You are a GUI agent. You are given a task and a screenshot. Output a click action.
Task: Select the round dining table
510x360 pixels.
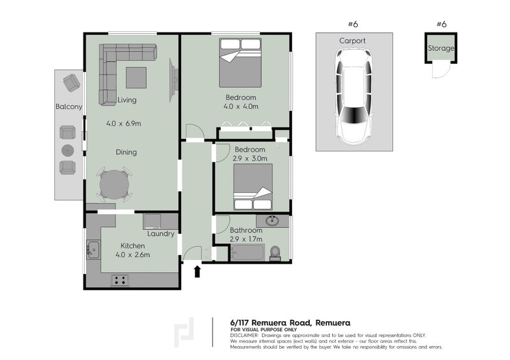tap(114, 185)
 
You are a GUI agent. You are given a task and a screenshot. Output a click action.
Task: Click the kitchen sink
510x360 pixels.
tap(93, 248)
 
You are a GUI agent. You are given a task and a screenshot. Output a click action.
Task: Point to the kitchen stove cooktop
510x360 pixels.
tap(120, 280)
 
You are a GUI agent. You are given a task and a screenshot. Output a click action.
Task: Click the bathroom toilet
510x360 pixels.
tap(275, 253)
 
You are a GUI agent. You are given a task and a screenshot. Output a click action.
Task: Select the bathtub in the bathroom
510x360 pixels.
tap(247, 253)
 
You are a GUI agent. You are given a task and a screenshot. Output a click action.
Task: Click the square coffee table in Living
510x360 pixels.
tap(136, 78)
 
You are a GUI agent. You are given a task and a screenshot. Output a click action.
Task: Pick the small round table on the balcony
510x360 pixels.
tap(68, 150)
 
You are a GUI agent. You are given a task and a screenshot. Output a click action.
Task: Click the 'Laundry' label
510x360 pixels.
tap(161, 234)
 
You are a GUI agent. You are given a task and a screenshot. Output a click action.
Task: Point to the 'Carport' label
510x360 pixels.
tap(353, 41)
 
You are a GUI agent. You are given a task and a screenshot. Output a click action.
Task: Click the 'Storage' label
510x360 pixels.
tap(441, 48)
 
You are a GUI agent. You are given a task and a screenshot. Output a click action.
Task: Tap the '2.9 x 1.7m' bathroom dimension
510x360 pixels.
tap(247, 240)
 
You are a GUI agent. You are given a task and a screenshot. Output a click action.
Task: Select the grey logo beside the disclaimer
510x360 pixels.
tap(186, 333)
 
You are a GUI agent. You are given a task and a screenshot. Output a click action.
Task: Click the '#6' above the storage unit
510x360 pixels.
tap(441, 24)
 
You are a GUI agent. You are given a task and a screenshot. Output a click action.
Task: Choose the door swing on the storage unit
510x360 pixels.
tap(438, 71)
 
